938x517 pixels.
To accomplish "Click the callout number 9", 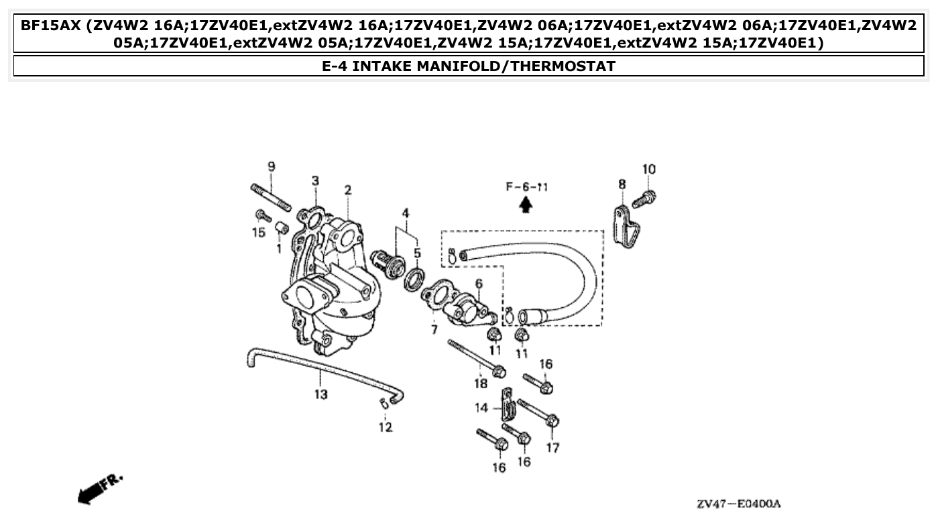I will click(x=272, y=167).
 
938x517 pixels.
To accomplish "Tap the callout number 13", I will click(x=321, y=394).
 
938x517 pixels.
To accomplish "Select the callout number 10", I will click(x=648, y=170).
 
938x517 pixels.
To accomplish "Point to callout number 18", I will click(x=481, y=383).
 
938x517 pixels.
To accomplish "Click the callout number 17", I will click(x=552, y=447).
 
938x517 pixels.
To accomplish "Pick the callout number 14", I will click(x=482, y=408).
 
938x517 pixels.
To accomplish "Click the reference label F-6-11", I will click(x=527, y=187).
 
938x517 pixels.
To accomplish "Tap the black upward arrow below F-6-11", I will click(x=526, y=205).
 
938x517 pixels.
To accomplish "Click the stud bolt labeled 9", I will click(x=271, y=197).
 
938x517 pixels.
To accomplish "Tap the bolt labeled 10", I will click(x=646, y=197).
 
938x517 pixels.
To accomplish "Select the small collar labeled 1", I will click(x=281, y=229).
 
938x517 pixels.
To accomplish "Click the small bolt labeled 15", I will click(x=261, y=215).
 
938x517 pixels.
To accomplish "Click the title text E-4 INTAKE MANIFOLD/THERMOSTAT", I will click(x=469, y=66).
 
